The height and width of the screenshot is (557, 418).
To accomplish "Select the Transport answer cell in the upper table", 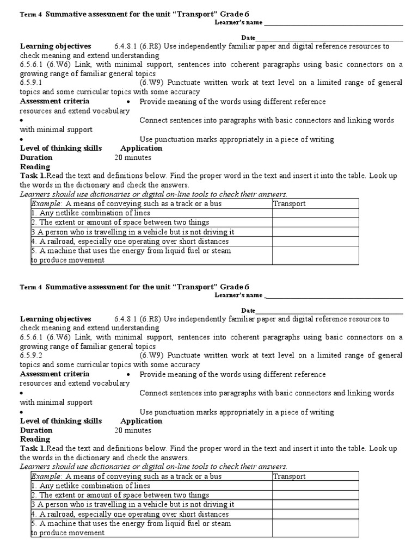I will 316,203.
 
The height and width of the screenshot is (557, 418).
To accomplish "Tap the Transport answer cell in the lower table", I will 316,476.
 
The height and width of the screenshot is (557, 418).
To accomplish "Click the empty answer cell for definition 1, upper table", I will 316,213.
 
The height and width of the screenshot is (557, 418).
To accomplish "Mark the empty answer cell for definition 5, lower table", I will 316,528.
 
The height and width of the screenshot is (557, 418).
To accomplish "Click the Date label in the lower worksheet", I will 248,310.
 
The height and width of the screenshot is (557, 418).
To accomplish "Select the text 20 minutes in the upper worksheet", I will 133,158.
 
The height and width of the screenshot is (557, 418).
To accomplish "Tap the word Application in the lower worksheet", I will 142,421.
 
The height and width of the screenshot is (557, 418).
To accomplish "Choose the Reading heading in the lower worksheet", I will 35,439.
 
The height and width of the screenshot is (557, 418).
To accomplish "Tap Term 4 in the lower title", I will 30,287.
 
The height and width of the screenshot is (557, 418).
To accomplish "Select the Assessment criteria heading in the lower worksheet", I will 54,374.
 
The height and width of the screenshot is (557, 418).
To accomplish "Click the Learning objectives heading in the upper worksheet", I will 56,46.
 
